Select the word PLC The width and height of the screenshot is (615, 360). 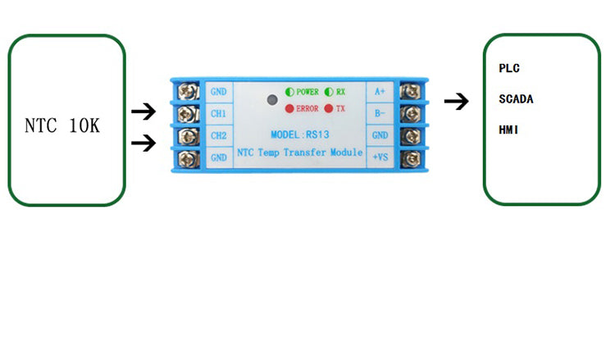pos(509,68)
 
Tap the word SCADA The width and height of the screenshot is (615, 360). pos(517,98)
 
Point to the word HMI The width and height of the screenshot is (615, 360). pos(509,130)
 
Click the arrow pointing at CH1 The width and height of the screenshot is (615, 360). pos(143,111)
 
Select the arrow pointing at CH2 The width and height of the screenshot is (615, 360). pos(143,143)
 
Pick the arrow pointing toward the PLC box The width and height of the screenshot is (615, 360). pos(456,102)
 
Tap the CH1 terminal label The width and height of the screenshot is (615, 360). pos(218,113)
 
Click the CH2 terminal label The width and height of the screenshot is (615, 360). pos(218,135)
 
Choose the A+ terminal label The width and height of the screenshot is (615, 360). pos(380,91)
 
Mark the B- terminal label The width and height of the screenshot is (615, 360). pos(380,113)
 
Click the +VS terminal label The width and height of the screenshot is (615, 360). pos(380,157)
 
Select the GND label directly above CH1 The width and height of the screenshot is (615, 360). pos(218,91)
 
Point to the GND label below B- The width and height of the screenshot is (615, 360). pos(380,135)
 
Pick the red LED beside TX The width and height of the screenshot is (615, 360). pos(329,108)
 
